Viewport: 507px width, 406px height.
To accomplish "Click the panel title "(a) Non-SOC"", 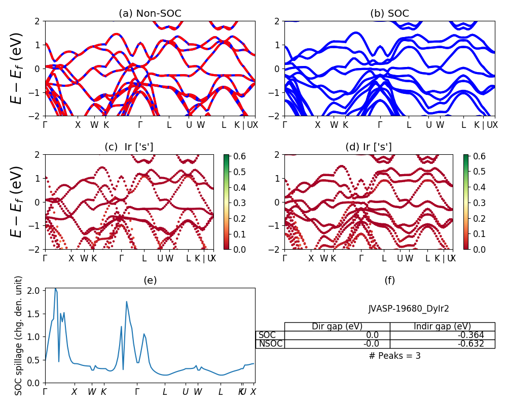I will coord(150,14).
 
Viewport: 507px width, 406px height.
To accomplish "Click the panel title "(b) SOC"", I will coord(389,14).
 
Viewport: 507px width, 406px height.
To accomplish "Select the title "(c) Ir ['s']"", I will coord(129,147).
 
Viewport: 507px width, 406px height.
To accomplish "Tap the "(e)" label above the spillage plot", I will coord(150,280).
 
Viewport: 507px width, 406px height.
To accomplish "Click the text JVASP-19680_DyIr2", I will coord(409,308).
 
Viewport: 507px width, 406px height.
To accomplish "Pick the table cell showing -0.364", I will coord(442,335).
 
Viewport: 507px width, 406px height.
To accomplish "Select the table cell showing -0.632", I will coord(442,344).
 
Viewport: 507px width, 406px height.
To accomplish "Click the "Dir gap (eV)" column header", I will coord(337,326).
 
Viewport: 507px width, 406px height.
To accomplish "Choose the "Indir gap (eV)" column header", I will coord(442,326).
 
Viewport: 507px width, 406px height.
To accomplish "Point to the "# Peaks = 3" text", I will coord(395,356).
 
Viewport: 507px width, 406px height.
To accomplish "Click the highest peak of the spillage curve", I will coord(55,288).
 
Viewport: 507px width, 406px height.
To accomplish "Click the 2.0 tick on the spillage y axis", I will coord(34,290).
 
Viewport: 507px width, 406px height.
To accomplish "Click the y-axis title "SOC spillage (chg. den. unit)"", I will coord(19,335).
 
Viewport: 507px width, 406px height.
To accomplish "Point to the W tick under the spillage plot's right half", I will coord(198,392).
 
